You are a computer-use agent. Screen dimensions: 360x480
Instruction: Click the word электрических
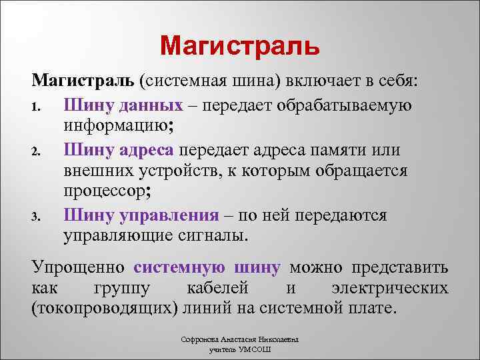(x=389, y=289)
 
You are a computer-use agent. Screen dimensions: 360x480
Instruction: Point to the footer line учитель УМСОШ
(x=239, y=349)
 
